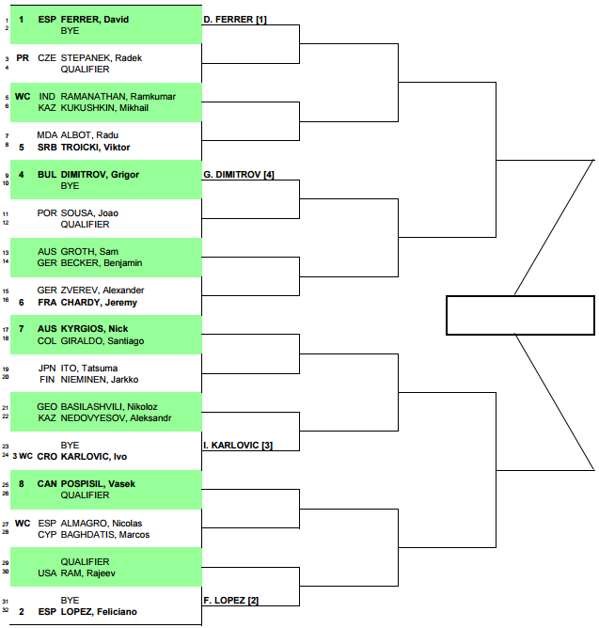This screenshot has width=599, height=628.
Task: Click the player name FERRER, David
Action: coord(95,19)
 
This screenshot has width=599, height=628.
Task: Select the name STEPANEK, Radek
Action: coord(102,58)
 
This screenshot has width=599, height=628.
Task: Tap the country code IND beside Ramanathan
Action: coord(47,97)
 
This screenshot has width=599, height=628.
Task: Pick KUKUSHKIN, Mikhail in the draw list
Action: coord(104,108)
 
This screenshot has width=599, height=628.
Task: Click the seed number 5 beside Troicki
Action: coord(22,148)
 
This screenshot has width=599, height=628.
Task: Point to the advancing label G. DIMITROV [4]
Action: coord(239,175)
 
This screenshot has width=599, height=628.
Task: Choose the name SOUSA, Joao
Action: coord(89,213)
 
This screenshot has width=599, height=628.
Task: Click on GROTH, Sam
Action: coord(89,252)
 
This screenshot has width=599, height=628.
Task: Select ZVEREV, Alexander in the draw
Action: coord(102,290)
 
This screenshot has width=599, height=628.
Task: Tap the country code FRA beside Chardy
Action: coord(47,303)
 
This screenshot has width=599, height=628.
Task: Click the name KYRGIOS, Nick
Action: coord(94,329)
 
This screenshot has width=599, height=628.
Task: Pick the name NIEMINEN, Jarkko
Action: coord(100,379)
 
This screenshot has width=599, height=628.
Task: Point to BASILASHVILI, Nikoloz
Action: coord(109,406)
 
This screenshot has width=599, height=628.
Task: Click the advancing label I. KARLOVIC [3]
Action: coord(238,446)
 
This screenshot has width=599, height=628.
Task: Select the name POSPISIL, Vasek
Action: coord(98,484)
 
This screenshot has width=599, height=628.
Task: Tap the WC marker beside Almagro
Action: coord(23,524)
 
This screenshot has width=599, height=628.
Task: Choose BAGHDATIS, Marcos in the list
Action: coord(105,535)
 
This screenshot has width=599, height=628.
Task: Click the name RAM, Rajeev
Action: coord(88,573)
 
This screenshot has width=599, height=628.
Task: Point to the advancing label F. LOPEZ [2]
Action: coord(230,601)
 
